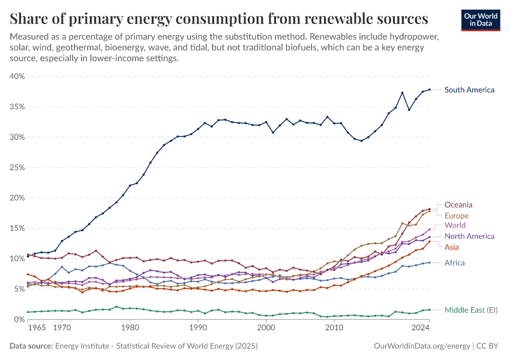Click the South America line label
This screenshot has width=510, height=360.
[x=469, y=90]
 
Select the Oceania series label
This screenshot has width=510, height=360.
[x=458, y=205]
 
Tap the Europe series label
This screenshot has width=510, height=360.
[x=457, y=215]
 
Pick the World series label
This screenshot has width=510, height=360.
[x=455, y=226]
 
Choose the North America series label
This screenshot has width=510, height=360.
[x=469, y=236]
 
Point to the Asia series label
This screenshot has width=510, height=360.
[x=452, y=247]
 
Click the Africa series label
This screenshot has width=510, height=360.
[x=454, y=263]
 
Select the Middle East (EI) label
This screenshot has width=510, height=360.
[x=471, y=310]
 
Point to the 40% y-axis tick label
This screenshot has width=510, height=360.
[x=16, y=76]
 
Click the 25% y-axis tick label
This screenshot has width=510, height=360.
[x=16, y=167]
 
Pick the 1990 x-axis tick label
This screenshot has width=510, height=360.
[x=198, y=328]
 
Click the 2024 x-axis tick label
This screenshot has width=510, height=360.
[x=421, y=328]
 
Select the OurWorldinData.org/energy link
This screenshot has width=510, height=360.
[x=419, y=346]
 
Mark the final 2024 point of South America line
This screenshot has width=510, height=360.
[x=429, y=89]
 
